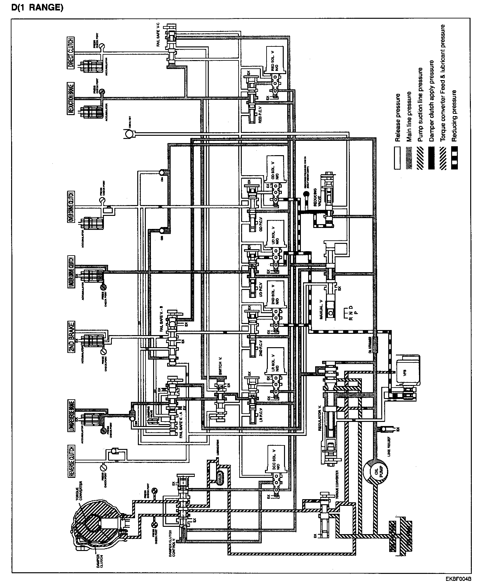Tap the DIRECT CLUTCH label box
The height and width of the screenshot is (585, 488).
point(71,53)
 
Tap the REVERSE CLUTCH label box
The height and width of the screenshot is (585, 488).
point(71,461)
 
